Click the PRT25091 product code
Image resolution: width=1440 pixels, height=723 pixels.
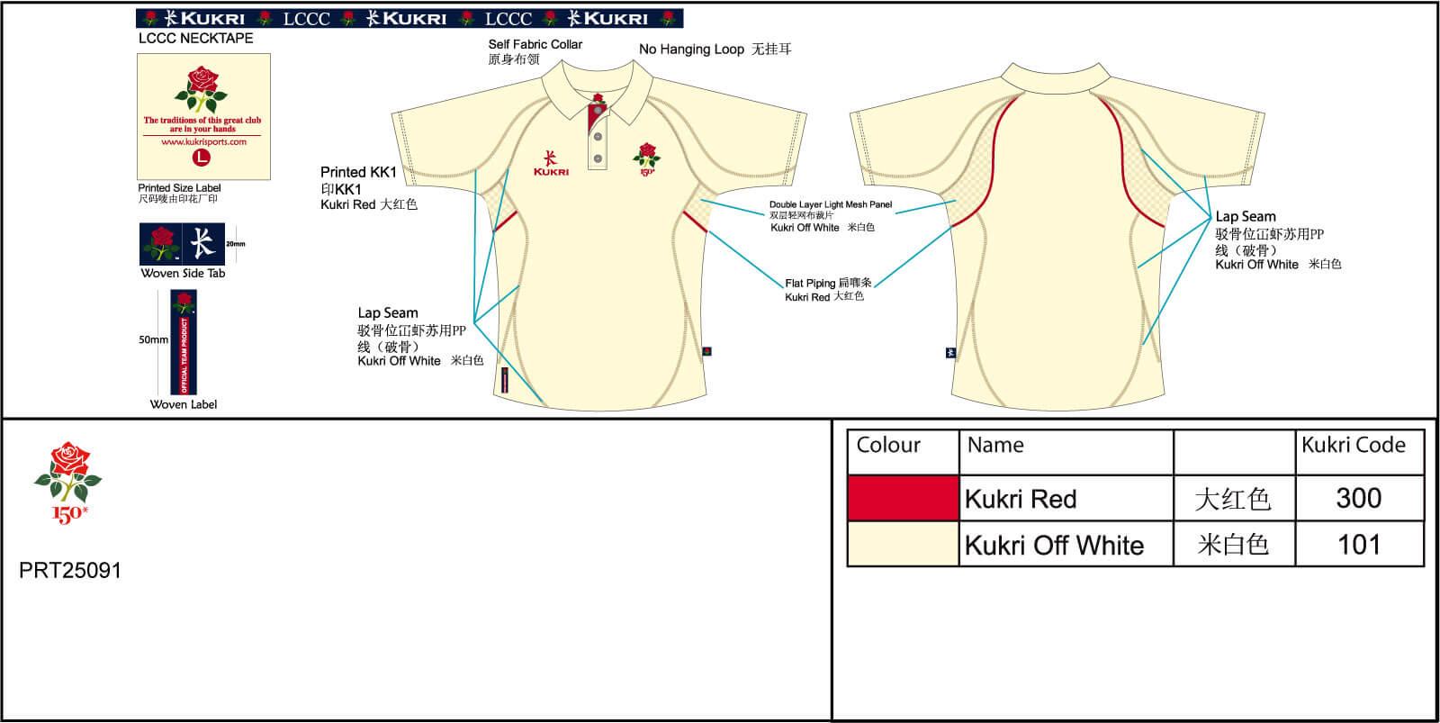click(70, 571)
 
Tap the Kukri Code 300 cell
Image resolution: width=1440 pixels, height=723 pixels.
click(1359, 499)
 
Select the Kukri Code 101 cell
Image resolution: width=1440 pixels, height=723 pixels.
click(1359, 545)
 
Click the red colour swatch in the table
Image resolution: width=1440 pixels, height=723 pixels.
click(903, 499)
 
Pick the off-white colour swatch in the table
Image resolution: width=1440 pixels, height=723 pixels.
click(903, 545)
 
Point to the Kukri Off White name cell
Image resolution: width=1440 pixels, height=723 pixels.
click(1054, 546)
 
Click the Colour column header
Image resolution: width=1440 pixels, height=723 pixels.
click(888, 446)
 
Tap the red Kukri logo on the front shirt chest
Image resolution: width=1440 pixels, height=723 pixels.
click(551, 164)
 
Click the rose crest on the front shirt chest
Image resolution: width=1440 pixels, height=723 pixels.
click(646, 158)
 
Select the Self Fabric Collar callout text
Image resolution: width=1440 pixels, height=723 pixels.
click(535, 44)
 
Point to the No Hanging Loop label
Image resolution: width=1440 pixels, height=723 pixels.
click(691, 50)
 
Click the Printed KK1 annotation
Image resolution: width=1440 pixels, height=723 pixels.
click(358, 172)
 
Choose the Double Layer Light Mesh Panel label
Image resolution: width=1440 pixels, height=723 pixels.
click(830, 204)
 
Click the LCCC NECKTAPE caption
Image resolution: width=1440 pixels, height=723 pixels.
click(195, 39)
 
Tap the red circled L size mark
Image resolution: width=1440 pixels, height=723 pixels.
click(202, 157)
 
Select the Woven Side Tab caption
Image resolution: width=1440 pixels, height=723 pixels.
click(183, 273)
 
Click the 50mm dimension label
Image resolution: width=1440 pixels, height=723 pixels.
click(153, 340)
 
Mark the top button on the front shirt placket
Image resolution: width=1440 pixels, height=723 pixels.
click(598, 138)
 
